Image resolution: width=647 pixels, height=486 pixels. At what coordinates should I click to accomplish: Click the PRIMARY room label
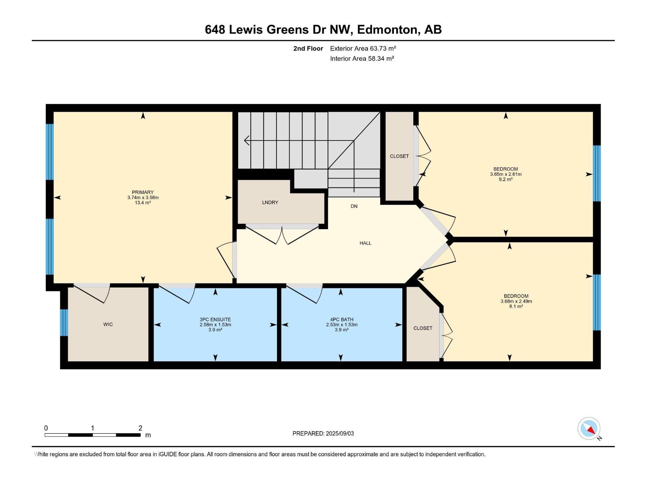pos(143,192)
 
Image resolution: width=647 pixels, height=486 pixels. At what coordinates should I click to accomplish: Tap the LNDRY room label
pos(270,202)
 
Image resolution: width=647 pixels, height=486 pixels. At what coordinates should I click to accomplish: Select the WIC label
pos(108,324)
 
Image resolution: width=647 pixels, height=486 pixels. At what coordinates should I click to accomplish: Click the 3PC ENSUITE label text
pos(215,320)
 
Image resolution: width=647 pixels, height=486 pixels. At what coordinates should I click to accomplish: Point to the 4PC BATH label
pos(342,320)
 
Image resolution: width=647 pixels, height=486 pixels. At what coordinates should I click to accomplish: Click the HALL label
pos(365,243)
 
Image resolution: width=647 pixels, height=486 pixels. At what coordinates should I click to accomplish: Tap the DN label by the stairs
pos(354,206)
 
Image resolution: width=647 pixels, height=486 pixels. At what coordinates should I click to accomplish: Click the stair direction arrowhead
pos(247,141)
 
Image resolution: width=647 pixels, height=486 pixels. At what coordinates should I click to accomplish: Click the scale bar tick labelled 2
pos(140,428)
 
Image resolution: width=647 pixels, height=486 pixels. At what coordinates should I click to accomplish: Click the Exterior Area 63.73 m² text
pos(363,48)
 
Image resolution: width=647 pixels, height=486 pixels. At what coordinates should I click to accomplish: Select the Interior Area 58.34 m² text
pos(362,58)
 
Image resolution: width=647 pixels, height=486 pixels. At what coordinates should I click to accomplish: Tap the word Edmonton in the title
pos(387,30)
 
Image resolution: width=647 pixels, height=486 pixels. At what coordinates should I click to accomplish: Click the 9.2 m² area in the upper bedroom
pos(505,179)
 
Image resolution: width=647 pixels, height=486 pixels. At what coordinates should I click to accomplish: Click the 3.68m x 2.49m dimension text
pos(516,301)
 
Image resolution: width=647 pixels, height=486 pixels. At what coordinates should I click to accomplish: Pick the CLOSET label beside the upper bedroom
pos(399,156)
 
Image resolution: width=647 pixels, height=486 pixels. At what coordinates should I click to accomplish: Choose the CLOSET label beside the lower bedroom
pos(423,328)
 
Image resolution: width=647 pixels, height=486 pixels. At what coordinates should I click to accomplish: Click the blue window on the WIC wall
pos(64,323)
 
